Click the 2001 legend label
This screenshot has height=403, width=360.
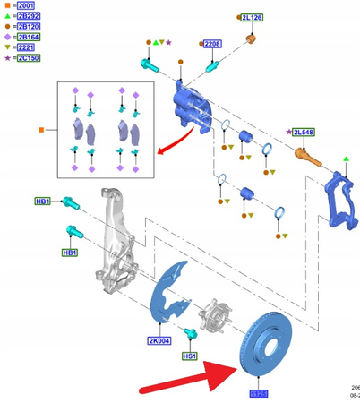click(x=26, y=5)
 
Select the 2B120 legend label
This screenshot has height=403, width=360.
click(x=26, y=27)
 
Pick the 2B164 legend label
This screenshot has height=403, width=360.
click(x=26, y=38)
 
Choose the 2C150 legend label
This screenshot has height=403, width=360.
click(x=26, y=59)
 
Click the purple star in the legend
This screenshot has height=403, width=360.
click(x=6, y=59)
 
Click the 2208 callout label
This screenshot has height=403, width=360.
click(x=212, y=44)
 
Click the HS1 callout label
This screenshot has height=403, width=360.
click(x=189, y=356)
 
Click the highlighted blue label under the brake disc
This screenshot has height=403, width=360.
click(x=260, y=393)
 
